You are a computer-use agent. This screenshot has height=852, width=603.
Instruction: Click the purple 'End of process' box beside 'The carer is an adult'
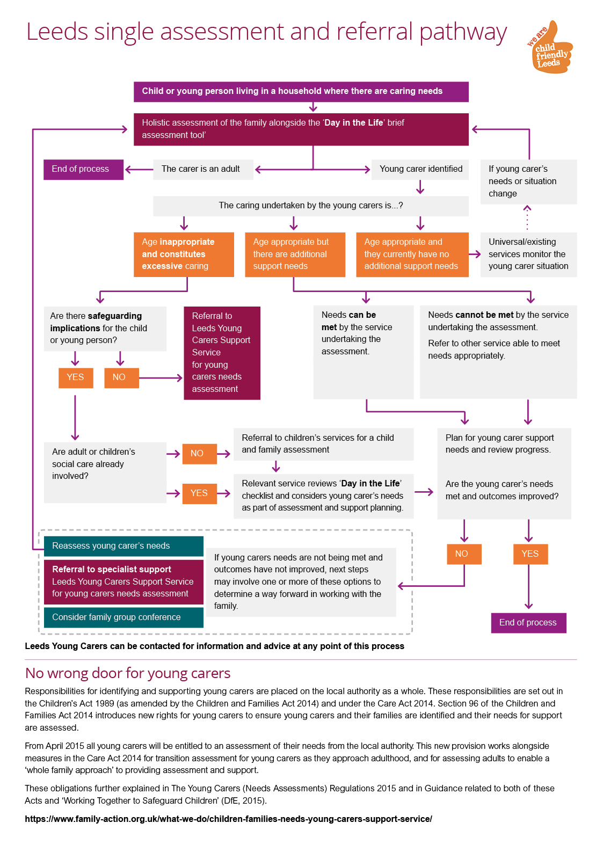click(x=83, y=169)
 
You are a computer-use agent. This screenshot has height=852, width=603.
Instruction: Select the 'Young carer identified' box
click(x=419, y=169)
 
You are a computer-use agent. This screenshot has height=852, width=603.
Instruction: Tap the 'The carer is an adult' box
click(x=203, y=169)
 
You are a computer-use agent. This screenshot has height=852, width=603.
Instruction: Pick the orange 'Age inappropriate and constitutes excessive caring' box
click(x=184, y=254)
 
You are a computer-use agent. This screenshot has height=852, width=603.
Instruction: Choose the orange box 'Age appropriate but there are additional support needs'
click(x=295, y=254)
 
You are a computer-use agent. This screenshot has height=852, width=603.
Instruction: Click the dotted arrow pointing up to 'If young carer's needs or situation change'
click(x=527, y=218)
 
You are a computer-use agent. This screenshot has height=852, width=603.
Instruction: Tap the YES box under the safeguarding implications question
click(x=76, y=378)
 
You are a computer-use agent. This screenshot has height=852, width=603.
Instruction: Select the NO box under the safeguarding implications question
click(x=121, y=378)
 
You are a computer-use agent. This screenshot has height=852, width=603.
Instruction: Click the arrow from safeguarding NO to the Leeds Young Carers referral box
click(x=161, y=378)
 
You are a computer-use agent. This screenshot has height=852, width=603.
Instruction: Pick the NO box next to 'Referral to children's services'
click(x=199, y=454)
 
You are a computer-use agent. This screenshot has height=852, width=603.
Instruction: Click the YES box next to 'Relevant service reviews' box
click(x=199, y=494)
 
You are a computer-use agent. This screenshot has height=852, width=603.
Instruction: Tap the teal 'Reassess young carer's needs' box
click(x=123, y=546)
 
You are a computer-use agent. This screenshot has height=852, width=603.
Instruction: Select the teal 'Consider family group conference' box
click(x=123, y=617)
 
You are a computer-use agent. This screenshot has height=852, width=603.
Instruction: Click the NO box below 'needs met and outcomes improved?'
click(x=464, y=554)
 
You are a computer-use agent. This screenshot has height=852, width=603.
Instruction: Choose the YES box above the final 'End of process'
click(x=531, y=554)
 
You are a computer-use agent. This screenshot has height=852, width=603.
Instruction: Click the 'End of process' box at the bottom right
click(x=528, y=623)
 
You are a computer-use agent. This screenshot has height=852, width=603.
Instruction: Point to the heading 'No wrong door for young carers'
click(x=128, y=673)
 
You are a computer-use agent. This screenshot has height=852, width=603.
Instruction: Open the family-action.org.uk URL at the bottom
click(x=228, y=819)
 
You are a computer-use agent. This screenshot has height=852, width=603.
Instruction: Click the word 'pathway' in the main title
click(x=463, y=32)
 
